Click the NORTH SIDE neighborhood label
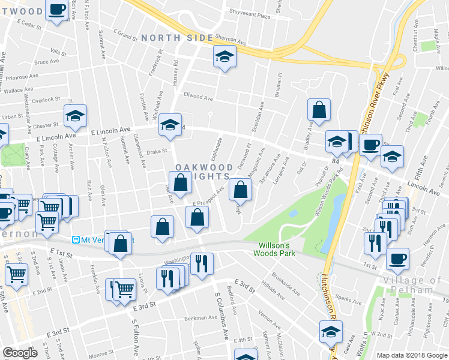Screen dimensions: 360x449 pos(177,38)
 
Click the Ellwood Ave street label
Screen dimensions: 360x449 pos(198,97)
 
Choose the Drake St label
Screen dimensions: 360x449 pos(155,152)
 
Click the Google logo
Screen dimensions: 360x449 pos(20,353)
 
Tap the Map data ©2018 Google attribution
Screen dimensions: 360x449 pos(411,355)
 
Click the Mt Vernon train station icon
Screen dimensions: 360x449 pos(76,239)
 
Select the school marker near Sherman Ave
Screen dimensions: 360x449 pos(224,57)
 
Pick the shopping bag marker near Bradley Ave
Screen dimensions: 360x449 pos(319,109)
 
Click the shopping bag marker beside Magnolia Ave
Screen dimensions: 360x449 pos(240,190)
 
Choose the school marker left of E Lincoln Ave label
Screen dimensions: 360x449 pos(76,116)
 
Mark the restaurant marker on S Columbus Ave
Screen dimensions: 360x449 pos(202,262)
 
